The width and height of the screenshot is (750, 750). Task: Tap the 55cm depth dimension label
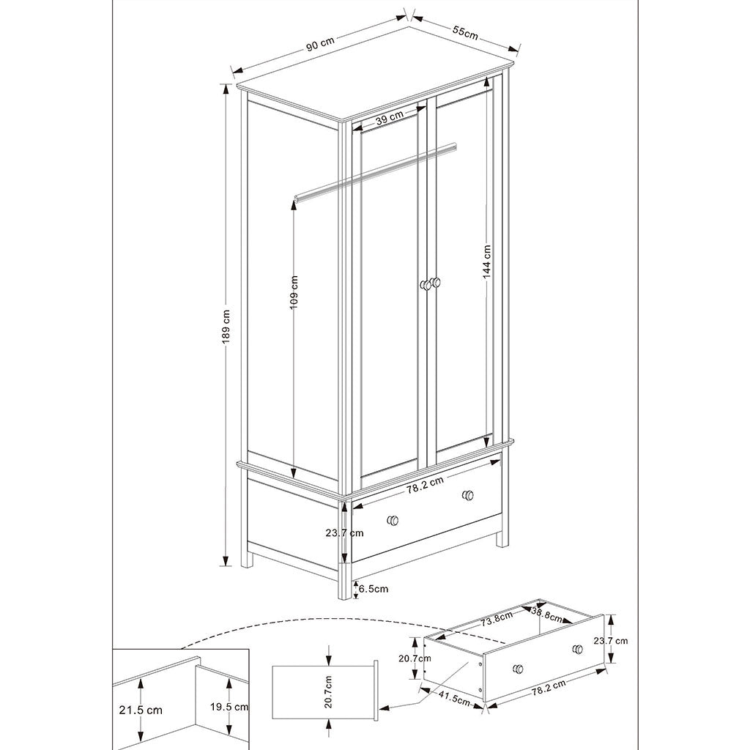pos(465,31)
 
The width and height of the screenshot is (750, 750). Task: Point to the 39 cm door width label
pos(390,116)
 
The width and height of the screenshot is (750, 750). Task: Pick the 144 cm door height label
pos(487,261)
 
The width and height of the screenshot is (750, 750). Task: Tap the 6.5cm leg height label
pos(374,588)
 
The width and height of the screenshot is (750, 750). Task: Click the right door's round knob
pos(437,282)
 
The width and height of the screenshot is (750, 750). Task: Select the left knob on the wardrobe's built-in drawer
pos(393,520)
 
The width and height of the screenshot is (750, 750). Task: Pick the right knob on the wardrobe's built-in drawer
pos(468,496)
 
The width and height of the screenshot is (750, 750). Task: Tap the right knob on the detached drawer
pos(578,649)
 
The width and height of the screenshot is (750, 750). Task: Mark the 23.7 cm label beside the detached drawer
pos(610,641)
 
